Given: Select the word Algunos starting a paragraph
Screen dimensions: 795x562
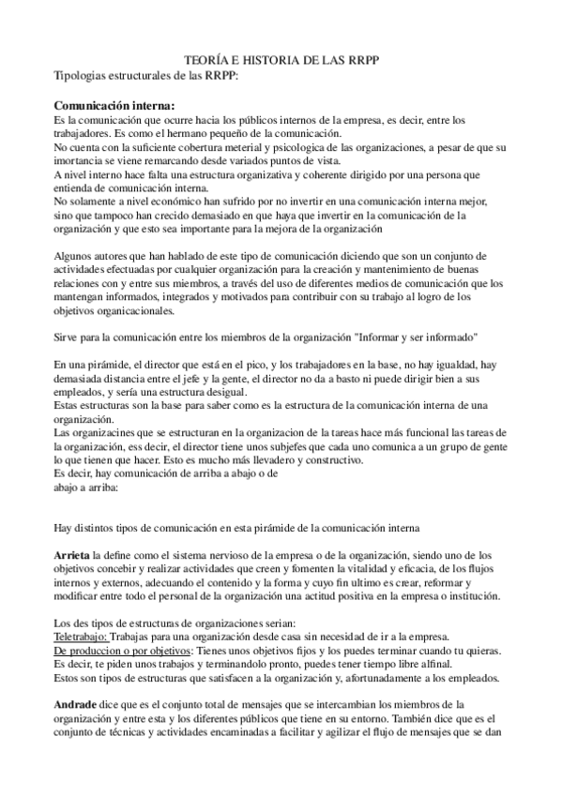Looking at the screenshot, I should [x=76, y=255].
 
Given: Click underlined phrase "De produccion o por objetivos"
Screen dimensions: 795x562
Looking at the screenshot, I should [x=122, y=649].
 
